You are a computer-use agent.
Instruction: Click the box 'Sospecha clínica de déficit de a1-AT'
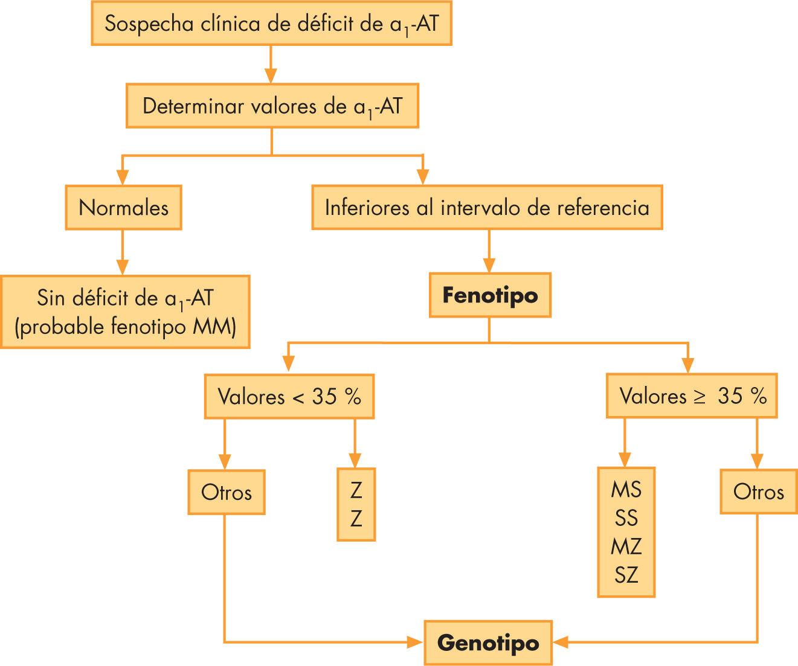271,24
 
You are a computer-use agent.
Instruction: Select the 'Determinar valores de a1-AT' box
272,106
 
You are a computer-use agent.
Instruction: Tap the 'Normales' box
123,208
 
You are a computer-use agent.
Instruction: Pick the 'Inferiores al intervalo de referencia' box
487,208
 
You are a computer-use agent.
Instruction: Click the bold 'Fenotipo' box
489,296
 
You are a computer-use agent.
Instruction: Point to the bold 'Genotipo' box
488,642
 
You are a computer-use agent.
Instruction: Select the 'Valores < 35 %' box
289,397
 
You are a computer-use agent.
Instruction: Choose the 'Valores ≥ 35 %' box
692,397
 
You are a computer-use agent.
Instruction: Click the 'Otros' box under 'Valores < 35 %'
226,492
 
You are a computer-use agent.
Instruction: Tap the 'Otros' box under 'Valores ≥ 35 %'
758,492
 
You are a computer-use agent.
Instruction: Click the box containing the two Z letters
356,504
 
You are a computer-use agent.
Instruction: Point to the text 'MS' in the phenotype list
626,489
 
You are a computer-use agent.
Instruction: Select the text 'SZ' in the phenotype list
626,574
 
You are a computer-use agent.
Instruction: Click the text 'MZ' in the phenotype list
626,546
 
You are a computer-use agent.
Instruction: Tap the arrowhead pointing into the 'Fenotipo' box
489,266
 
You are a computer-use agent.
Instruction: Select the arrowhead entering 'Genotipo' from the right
560,642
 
